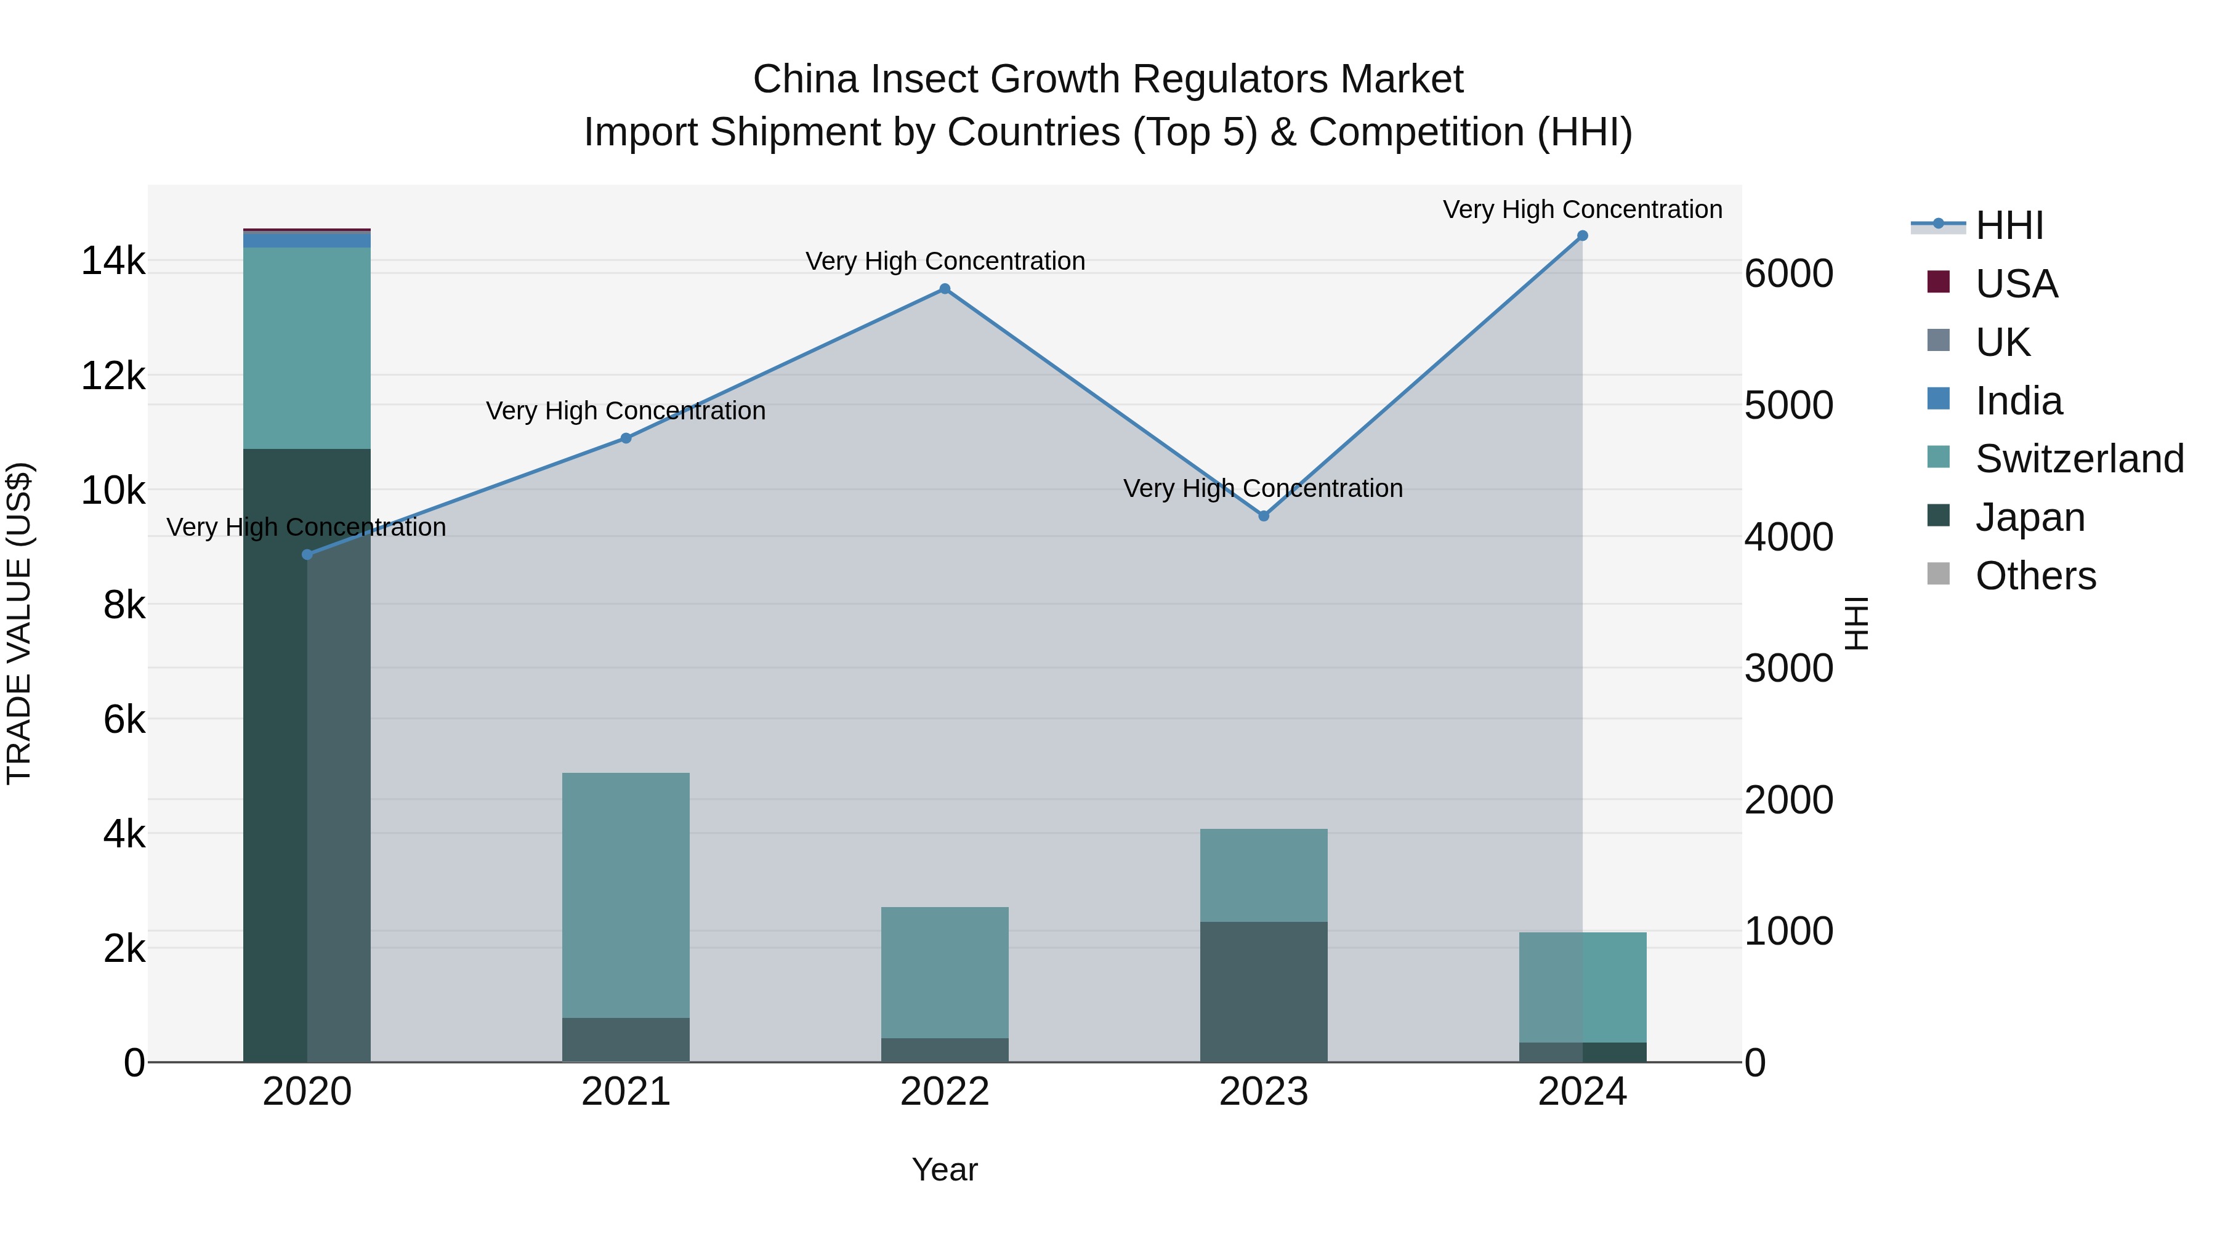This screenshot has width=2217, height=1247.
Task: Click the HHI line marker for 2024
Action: tap(1582, 236)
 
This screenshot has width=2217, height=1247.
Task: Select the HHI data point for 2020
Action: tap(307, 555)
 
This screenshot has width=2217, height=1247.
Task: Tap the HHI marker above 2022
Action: tap(944, 289)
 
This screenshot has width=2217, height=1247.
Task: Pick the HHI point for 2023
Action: tap(1264, 517)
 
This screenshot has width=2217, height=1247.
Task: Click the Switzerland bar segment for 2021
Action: tap(626, 895)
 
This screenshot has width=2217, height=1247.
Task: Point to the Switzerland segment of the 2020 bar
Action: tap(307, 349)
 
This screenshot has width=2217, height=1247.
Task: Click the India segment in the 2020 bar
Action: tap(307, 240)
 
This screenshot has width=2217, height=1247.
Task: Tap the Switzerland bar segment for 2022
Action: tap(944, 972)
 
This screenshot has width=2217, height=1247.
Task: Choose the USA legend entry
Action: tap(2016, 284)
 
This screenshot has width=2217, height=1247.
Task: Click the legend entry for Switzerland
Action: tap(2078, 459)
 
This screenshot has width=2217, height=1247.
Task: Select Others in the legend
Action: tap(2035, 576)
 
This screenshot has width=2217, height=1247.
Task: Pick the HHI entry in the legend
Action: tap(2009, 225)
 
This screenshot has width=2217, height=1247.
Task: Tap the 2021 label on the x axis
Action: tap(626, 1092)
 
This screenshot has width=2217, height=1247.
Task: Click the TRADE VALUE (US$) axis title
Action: tap(19, 623)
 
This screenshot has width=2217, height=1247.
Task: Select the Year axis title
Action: tap(944, 1169)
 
